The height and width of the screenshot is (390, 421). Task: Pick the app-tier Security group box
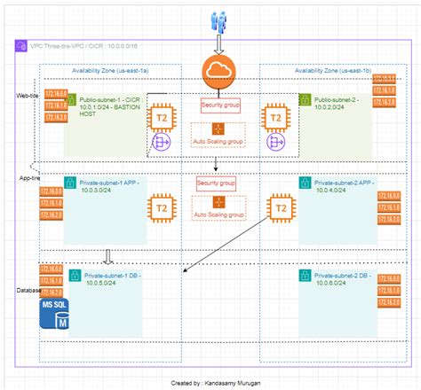click(216, 183)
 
